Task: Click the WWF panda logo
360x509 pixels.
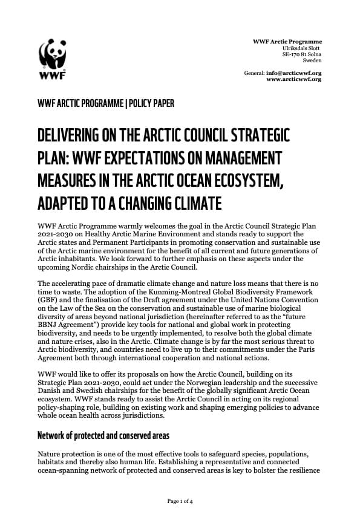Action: pyautogui.click(x=53, y=58)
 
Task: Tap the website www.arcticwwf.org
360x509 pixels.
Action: pyautogui.click(x=293, y=79)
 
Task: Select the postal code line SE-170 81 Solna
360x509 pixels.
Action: pyautogui.click(x=299, y=54)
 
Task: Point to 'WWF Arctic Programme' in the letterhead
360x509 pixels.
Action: pyautogui.click(x=287, y=41)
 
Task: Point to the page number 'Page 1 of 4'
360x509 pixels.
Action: pyautogui.click(x=180, y=501)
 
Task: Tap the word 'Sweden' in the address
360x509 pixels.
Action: pyautogui.click(x=312, y=60)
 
